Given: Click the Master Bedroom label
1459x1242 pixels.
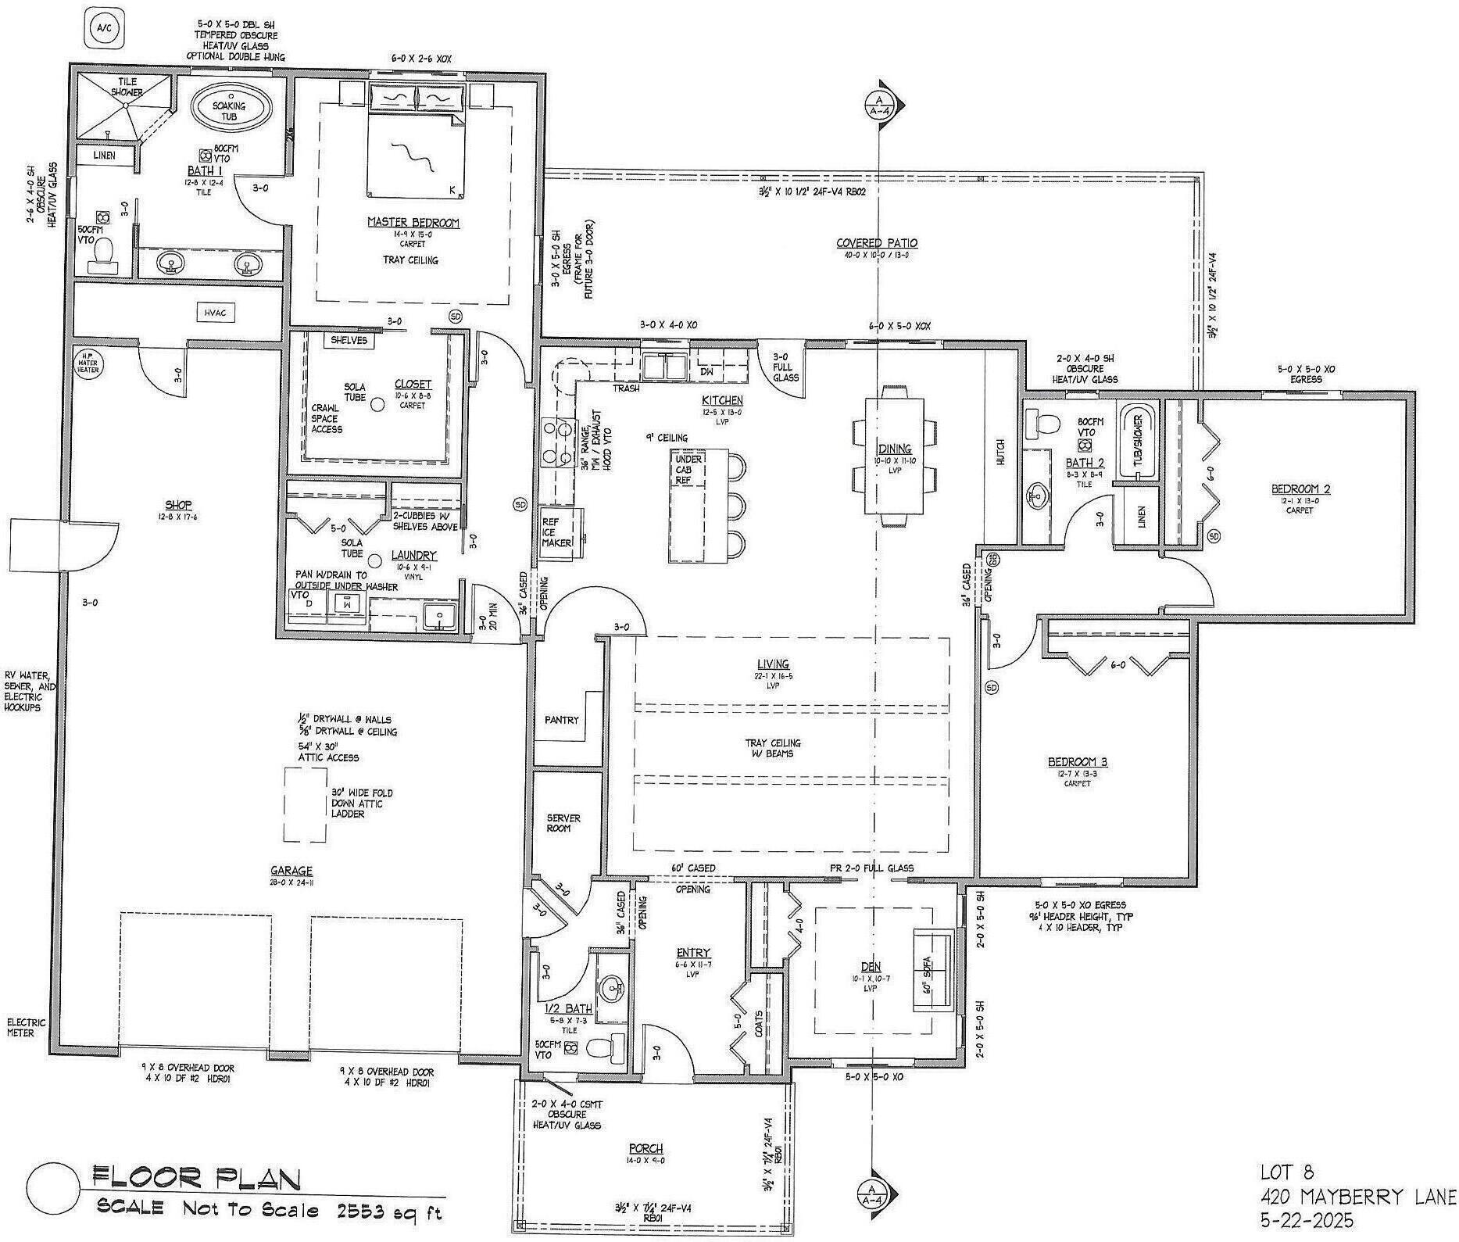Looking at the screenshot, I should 413,223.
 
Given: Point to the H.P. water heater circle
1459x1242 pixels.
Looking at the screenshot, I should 87,364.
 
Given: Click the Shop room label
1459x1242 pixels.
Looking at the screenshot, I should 178,505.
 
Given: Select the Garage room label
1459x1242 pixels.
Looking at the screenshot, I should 291,871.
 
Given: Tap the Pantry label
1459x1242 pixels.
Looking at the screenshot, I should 561,719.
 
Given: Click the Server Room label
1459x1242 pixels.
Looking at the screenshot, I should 563,823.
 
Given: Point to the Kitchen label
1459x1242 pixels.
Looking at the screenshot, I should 721,400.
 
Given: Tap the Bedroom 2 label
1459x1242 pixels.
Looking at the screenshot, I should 1300,489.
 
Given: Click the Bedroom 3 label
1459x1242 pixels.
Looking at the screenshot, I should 1077,761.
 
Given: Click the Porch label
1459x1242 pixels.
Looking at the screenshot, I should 645,1148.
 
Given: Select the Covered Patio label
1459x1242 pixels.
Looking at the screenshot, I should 876,243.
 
